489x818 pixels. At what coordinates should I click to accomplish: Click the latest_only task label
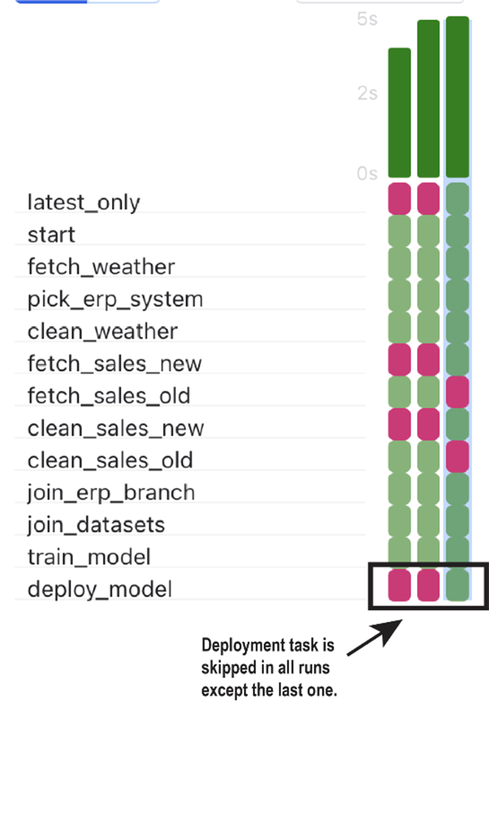[x=84, y=202]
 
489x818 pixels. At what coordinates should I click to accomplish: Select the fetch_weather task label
[x=101, y=267]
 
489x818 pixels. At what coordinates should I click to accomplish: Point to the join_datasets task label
[x=96, y=525]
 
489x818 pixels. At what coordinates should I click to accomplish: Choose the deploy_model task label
[x=100, y=589]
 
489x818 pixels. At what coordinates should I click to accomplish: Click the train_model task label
[x=89, y=557]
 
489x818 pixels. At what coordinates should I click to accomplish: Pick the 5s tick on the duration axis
[x=367, y=19]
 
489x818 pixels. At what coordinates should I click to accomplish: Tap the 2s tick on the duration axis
[x=367, y=93]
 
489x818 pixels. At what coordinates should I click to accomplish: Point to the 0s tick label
[x=367, y=173]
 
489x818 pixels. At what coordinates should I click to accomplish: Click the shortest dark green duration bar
[x=399, y=113]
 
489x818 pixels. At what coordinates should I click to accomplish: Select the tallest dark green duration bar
[x=457, y=97]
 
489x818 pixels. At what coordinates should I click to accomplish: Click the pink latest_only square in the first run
[x=399, y=199]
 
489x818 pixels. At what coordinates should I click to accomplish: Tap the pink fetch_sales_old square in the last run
[x=457, y=392]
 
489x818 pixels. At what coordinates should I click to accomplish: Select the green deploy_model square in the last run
[x=457, y=585]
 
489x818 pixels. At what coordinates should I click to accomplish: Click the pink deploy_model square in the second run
[x=429, y=585]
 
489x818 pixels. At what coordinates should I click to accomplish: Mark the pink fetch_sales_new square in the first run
[x=399, y=360]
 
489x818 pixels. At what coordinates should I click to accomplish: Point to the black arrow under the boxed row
[x=375, y=638]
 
